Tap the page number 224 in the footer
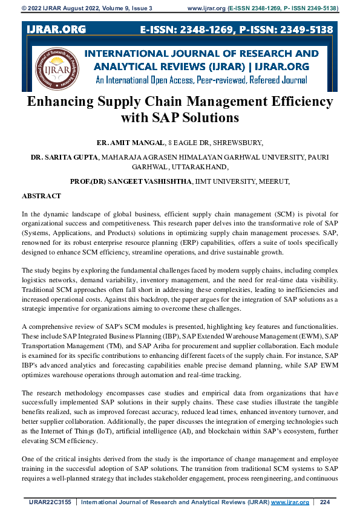click(x=324, y=502)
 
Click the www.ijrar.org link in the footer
click(x=290, y=502)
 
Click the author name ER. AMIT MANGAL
click(x=130, y=143)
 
